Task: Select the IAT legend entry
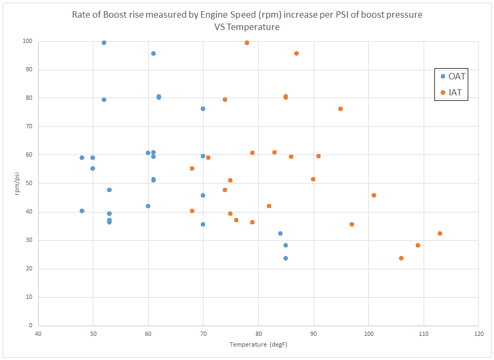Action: pyautogui.click(x=451, y=92)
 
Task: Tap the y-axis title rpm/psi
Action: pyautogui.click(x=18, y=183)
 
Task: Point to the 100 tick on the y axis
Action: pyautogui.click(x=27, y=41)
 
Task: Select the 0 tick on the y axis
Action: pyautogui.click(x=31, y=325)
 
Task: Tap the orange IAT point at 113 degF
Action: pyautogui.click(x=440, y=233)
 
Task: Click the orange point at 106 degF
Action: pyautogui.click(x=401, y=258)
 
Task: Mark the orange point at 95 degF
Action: pyautogui.click(x=340, y=109)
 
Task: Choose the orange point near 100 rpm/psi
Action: pyautogui.click(x=247, y=43)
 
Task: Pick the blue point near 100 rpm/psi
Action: pyautogui.click(x=104, y=43)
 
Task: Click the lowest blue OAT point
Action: pyautogui.click(x=286, y=258)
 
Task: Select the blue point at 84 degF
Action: pyautogui.click(x=280, y=233)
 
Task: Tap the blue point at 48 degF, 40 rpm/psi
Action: pyautogui.click(x=82, y=211)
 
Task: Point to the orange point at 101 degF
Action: pyautogui.click(x=374, y=195)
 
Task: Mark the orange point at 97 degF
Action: pyautogui.click(x=352, y=224)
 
